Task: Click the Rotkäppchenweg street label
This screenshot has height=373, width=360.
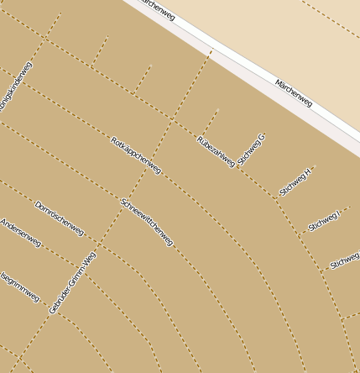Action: pyautogui.click(x=135, y=155)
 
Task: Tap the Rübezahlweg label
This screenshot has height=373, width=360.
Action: pyautogui.click(x=216, y=151)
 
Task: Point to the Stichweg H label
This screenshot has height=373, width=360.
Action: pyautogui.click(x=295, y=181)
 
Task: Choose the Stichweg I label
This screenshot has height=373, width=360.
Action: pyautogui.click(x=324, y=220)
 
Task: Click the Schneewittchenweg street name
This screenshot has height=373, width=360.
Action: pyautogui.click(x=147, y=222)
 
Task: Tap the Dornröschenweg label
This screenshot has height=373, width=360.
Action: pyautogui.click(x=59, y=218)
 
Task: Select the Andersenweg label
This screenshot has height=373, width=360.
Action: pyautogui.click(x=20, y=233)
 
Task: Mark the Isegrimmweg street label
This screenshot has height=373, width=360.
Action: pyautogui.click(x=20, y=286)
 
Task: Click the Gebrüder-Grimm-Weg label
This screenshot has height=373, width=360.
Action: pyautogui.click(x=72, y=283)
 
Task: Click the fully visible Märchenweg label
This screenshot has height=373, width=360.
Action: pyautogui.click(x=293, y=92)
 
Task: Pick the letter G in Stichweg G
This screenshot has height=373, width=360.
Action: pyautogui.click(x=262, y=136)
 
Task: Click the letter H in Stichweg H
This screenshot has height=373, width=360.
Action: pyautogui.click(x=308, y=171)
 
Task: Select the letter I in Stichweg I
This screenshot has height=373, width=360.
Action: pyautogui.click(x=337, y=213)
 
